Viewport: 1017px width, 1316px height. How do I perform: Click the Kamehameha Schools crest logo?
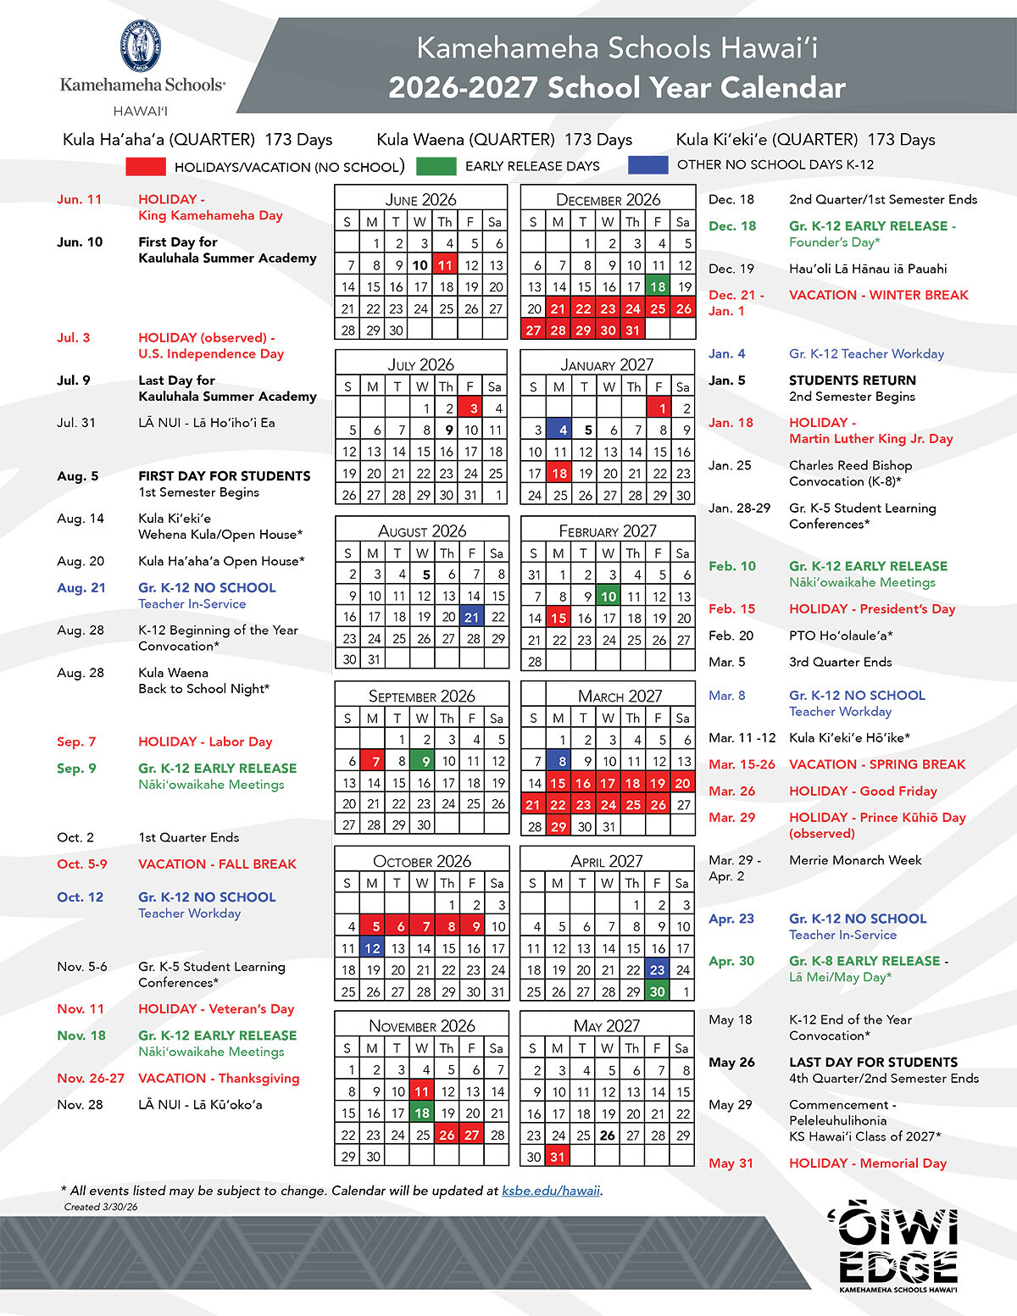click(x=141, y=47)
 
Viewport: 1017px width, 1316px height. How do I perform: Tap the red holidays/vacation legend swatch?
click(x=145, y=166)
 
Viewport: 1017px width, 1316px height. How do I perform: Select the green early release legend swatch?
click(x=436, y=166)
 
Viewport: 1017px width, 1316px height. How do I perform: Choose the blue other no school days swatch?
click(x=648, y=165)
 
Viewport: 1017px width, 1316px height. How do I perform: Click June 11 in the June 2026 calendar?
click(x=446, y=265)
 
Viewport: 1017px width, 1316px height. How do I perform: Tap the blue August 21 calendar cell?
click(x=472, y=617)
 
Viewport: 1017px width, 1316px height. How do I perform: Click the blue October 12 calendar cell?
click(x=372, y=948)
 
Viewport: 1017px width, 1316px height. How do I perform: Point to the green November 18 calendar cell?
click(x=422, y=1113)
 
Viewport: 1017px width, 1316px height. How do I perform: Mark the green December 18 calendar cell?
click(x=658, y=286)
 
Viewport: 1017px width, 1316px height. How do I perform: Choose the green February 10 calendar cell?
click(x=609, y=596)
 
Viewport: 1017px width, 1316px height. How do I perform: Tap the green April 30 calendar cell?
click(x=658, y=991)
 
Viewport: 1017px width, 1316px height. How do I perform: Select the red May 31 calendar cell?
click(x=558, y=1156)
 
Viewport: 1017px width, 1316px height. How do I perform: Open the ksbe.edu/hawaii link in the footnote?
click(x=551, y=1191)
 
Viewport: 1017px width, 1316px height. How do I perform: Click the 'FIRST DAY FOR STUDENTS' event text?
click(x=225, y=476)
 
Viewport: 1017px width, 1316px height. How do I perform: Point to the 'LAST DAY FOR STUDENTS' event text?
click(x=873, y=1062)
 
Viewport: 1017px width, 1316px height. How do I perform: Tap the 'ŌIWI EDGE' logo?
click(x=898, y=1246)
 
